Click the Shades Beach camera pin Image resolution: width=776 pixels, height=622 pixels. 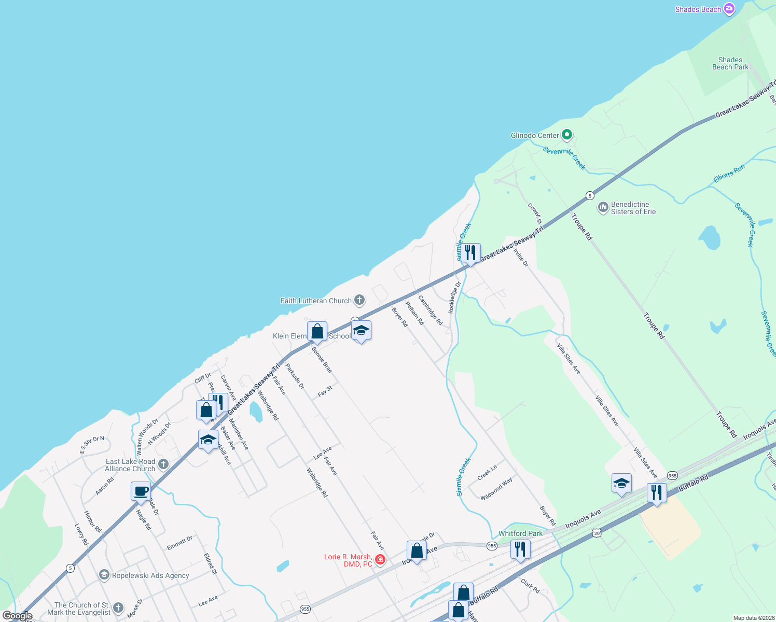[x=729, y=9]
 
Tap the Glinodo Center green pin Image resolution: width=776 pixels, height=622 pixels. [x=567, y=135]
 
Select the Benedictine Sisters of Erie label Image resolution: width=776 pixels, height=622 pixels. [x=633, y=208]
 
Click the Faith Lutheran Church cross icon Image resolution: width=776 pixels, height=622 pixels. [x=359, y=300]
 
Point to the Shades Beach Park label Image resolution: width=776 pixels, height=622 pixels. [x=730, y=63]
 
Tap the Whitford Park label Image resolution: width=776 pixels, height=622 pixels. [x=520, y=533]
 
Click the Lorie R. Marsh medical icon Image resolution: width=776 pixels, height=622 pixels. [x=380, y=559]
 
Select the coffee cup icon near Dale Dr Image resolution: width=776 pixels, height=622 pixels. [x=141, y=491]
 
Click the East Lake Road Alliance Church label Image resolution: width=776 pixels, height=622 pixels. [x=130, y=465]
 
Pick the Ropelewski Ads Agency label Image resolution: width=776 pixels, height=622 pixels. [x=150, y=575]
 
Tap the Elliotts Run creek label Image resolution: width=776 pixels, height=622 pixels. [x=729, y=174]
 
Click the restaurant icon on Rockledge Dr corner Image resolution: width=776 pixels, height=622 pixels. [x=470, y=253]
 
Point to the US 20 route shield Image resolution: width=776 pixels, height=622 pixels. [x=597, y=533]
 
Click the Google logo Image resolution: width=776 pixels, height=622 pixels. [x=18, y=616]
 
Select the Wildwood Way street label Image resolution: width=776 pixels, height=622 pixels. [x=496, y=488]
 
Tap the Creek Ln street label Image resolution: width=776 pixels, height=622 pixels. [x=487, y=472]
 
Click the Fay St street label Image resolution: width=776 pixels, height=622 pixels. [x=325, y=391]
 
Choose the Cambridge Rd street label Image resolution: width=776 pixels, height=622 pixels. [x=431, y=310]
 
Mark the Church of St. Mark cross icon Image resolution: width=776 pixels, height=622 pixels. [x=118, y=608]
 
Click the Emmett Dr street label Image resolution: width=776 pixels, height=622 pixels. [x=179, y=543]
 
